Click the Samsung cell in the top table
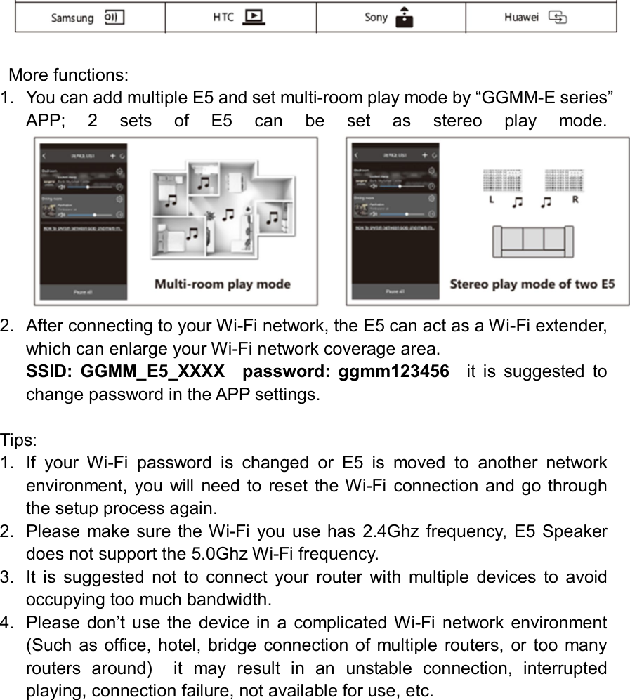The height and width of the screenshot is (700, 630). click(x=89, y=18)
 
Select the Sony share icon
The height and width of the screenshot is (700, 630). click(x=404, y=17)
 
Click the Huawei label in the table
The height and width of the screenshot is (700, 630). click(x=521, y=18)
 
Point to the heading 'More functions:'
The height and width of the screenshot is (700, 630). click(x=68, y=74)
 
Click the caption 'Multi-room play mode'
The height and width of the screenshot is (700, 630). click(x=222, y=284)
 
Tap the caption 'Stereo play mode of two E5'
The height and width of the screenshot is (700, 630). click(x=532, y=284)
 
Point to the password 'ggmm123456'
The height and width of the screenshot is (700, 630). click(x=393, y=371)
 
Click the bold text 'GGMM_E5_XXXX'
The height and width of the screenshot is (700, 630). click(x=152, y=371)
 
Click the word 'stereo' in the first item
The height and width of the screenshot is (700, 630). click(x=457, y=120)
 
